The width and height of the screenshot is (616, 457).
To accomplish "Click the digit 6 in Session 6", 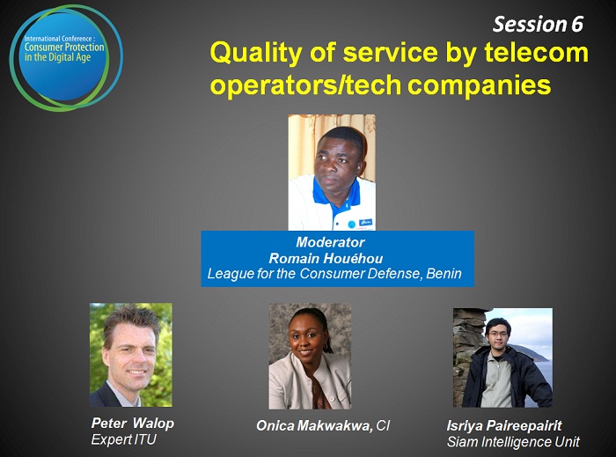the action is [576, 25].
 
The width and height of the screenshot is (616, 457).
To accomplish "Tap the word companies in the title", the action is [480, 85].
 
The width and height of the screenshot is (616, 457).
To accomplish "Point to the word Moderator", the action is [330, 242].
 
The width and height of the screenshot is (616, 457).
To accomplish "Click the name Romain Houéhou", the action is [326, 258].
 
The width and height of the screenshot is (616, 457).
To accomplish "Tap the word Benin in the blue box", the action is [444, 273].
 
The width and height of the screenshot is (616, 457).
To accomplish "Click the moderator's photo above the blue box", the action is [332, 172].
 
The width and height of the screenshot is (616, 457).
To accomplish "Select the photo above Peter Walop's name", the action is [131, 355].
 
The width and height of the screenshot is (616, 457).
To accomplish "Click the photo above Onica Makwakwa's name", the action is [310, 356].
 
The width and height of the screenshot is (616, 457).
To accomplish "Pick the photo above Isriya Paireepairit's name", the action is [502, 357].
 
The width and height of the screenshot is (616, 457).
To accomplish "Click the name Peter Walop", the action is [132, 424].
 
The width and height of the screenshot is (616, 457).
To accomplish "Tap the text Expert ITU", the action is [124, 439].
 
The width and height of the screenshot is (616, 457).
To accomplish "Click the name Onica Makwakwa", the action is [314, 425].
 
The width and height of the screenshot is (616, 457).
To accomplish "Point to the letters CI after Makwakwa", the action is [383, 425].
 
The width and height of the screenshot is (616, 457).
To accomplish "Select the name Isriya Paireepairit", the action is [504, 425].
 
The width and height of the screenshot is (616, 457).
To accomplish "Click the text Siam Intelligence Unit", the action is [513, 442].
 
